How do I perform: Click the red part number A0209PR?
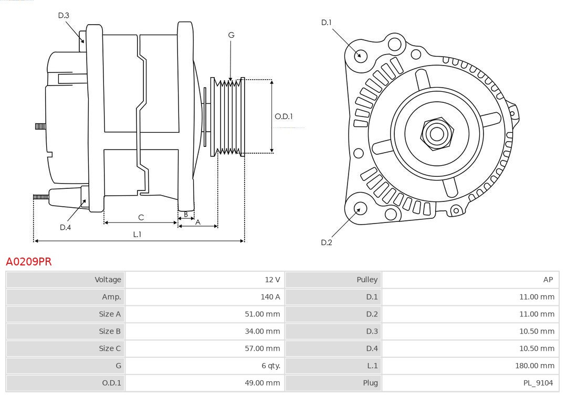[x=29, y=261]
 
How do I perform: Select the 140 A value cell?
[x=270, y=297]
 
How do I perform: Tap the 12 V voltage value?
[x=272, y=280]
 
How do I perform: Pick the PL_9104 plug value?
[x=538, y=383]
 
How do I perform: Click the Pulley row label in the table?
[x=367, y=280]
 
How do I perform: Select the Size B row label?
[x=110, y=331]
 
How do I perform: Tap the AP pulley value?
[x=548, y=280]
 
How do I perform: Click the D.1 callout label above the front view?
[x=327, y=23]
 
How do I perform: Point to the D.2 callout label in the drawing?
[x=327, y=242]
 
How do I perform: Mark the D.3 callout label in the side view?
[x=64, y=16]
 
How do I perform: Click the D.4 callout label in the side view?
[x=65, y=227]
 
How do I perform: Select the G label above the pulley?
[x=231, y=35]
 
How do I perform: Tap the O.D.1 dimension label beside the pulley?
[x=283, y=116]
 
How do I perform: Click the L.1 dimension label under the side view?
[x=136, y=234]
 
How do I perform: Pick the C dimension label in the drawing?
[x=141, y=217]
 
